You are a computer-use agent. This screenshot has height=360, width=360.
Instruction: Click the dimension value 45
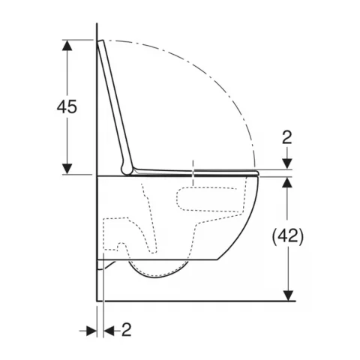point(67,106)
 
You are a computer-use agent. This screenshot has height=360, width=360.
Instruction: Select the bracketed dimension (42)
point(288,236)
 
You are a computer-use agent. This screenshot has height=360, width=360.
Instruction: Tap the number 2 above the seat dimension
point(287,137)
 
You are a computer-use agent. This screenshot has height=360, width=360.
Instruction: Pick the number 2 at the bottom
point(126,330)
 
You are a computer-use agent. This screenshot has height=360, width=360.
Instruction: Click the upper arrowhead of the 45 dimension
point(67,46)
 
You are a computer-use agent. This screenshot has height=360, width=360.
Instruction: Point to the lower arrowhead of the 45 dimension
point(67,169)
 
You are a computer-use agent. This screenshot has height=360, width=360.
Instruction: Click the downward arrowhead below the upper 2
point(287,163)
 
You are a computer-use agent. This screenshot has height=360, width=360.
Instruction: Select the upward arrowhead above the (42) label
point(287,182)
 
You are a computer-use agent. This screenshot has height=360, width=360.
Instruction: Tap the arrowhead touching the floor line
point(289,295)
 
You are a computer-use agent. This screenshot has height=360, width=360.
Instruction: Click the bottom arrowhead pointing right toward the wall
point(91,331)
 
